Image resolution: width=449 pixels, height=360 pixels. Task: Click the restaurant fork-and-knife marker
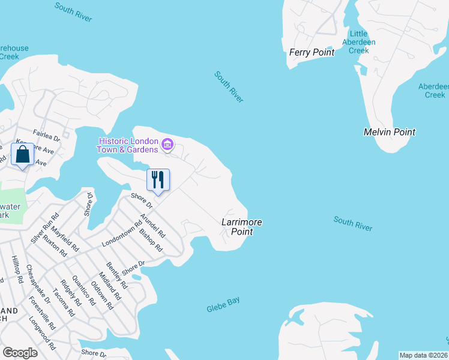click(x=158, y=179)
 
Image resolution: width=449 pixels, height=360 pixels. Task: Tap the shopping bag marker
click(x=23, y=154)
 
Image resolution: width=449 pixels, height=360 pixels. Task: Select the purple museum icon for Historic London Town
click(x=167, y=145)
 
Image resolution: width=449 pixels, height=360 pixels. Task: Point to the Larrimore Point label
click(x=241, y=226)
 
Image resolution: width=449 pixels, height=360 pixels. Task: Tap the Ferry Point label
click(x=312, y=52)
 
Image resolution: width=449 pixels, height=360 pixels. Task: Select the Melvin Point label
click(x=390, y=132)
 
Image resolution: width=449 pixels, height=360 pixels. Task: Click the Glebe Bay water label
click(x=223, y=304)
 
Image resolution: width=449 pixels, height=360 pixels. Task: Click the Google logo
click(x=20, y=353)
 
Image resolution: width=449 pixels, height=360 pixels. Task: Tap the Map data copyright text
click(x=424, y=355)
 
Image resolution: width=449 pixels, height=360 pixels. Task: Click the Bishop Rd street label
click(x=151, y=239)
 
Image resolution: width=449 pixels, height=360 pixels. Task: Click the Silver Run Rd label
click(x=45, y=227)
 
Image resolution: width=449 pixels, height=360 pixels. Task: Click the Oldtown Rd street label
click(x=103, y=294)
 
